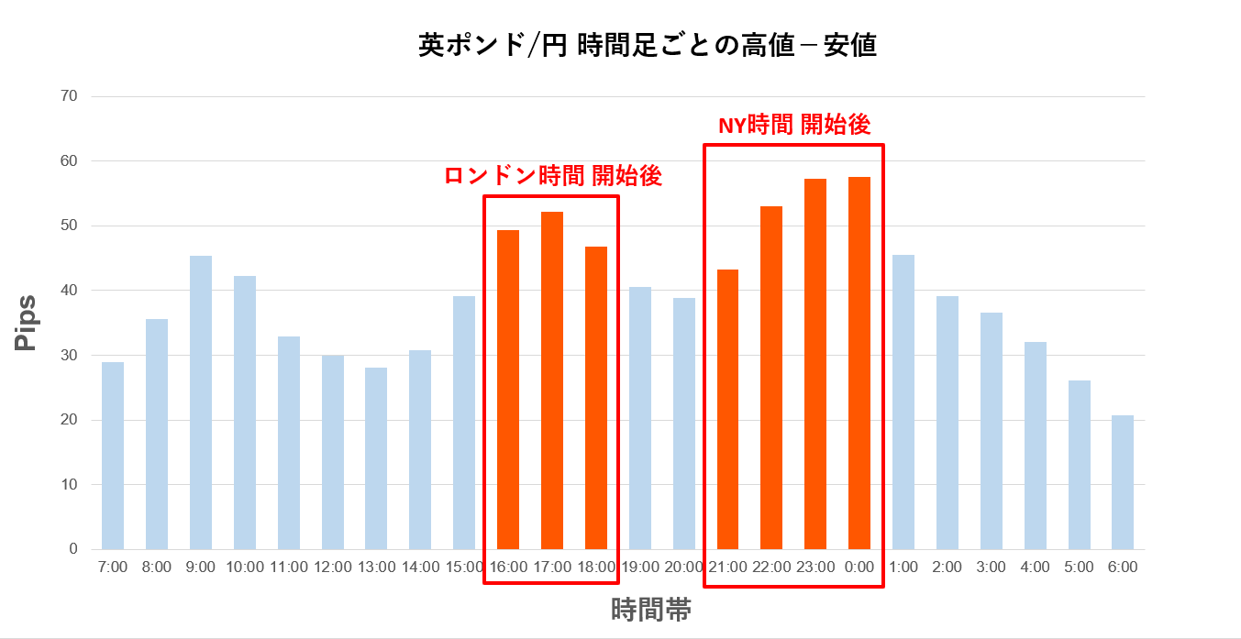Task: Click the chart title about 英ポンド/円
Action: coord(647,46)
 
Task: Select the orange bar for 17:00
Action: coord(552,380)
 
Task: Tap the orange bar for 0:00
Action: coord(859,363)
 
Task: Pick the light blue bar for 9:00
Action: coord(201,402)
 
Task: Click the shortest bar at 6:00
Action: coord(1123,482)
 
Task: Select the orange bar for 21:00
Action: coord(727,409)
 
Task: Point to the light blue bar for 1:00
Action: coord(903,402)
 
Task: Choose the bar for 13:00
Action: coord(376,458)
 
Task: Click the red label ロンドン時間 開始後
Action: coord(552,177)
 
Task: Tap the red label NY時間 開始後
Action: coord(793,126)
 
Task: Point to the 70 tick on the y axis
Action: coord(70,96)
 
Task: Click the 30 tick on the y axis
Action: coord(70,356)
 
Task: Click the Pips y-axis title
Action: coord(27,323)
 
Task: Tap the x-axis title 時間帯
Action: coord(651,610)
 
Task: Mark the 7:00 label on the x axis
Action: coord(113,567)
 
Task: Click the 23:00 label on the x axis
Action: coord(815,567)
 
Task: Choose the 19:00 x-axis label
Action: coord(639,567)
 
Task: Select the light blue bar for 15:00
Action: coord(464,423)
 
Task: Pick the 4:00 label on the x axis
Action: coord(1035,567)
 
